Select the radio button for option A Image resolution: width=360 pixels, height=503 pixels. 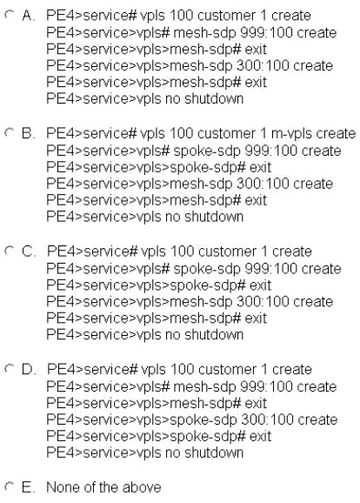[10, 14]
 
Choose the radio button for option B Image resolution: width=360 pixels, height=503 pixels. [10, 132]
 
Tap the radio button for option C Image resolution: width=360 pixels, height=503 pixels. [10, 251]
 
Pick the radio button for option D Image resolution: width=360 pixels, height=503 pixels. [10, 368]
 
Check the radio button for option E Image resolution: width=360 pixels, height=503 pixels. [10, 486]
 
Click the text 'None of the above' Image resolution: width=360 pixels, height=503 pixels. [103, 487]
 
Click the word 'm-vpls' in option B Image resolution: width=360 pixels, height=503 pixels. [290, 134]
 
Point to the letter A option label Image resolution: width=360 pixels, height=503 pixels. [28, 16]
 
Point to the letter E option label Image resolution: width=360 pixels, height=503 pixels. [28, 487]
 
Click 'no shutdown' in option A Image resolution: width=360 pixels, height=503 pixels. [204, 98]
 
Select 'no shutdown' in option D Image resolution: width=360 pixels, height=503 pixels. [204, 453]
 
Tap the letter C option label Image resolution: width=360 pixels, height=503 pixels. [29, 251]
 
